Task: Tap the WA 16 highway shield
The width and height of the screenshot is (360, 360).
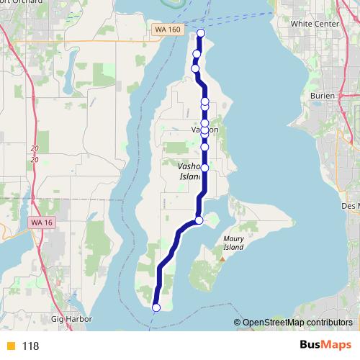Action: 42,223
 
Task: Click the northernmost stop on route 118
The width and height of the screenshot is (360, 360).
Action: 201,33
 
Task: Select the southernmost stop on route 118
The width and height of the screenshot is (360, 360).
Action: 156,308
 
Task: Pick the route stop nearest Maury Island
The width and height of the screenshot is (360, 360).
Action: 199,220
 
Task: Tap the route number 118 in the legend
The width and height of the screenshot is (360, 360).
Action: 30,346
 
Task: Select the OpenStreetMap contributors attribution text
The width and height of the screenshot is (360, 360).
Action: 297,322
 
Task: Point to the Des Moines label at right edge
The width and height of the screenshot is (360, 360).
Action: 351,205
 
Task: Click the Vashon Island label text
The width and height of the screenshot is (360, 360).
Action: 189,170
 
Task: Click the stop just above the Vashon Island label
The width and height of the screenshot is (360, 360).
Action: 204,147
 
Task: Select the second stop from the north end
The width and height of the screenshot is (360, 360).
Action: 197,54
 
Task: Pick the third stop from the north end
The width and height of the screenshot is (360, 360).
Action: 194,68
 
